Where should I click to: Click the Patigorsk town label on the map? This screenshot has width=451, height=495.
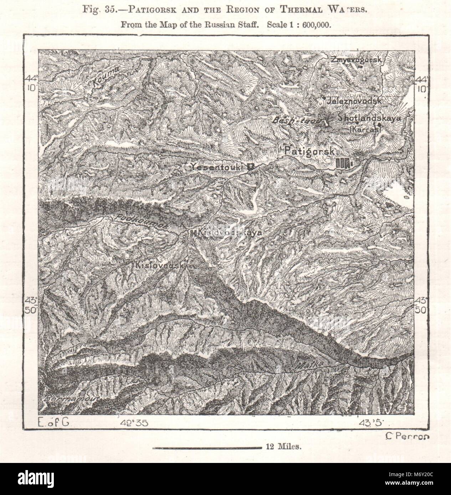(x=309, y=151)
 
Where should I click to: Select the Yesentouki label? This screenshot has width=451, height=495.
(x=217, y=166)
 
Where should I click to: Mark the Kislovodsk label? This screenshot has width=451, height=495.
(x=159, y=266)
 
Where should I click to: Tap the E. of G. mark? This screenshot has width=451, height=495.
(x=55, y=423)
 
